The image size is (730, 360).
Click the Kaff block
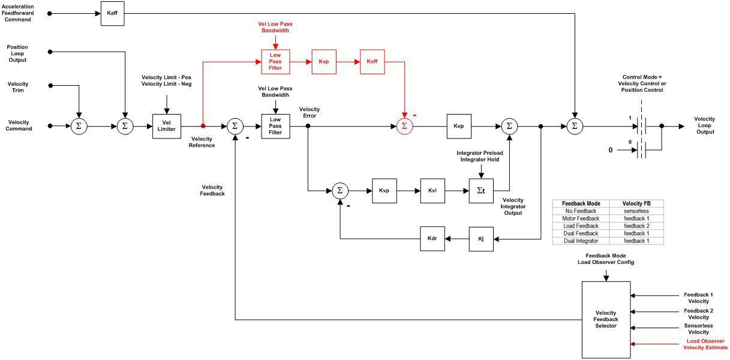(112, 13)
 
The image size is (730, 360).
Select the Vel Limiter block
(167, 126)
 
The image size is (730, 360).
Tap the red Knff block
(372, 62)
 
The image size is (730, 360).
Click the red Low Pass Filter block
(275, 62)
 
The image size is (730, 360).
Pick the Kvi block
(432, 191)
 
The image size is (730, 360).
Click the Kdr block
(432, 239)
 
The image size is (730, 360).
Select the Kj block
(481, 239)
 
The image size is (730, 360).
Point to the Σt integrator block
(481, 191)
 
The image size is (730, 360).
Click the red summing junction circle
(404, 126)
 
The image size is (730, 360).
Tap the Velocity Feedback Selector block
(606, 319)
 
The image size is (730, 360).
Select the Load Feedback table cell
(581, 226)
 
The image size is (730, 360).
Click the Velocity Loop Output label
(704, 125)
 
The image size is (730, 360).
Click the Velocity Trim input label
(17, 88)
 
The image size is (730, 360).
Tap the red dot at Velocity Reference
(203, 126)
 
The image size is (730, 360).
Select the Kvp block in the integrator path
(384, 191)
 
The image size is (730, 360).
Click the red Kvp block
(324, 62)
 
